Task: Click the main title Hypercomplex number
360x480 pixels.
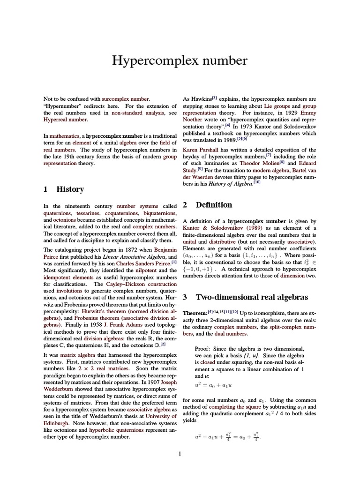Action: [180, 61]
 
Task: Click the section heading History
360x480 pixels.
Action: [70, 189]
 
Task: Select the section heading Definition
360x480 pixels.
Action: [214, 205]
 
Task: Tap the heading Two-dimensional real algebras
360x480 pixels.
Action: [252, 297]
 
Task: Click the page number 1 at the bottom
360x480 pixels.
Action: [180, 453]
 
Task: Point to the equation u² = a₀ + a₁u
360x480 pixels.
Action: [213, 385]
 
